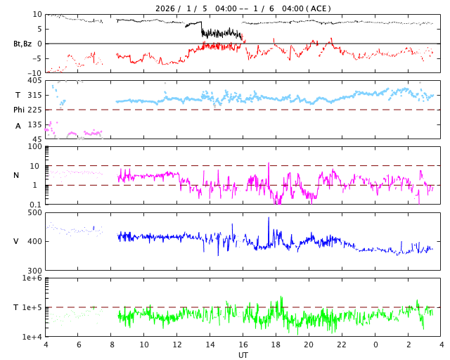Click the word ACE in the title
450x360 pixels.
point(319,8)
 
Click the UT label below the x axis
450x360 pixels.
point(243,355)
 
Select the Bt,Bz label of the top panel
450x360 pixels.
point(22,44)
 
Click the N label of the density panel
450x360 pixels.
point(16,175)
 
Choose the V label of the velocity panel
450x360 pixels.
point(16,241)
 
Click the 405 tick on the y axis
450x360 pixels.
point(34,81)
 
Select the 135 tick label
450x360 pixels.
point(34,124)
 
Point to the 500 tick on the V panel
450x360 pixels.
point(34,212)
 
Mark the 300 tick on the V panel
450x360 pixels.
point(34,271)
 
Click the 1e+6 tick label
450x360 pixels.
point(32,278)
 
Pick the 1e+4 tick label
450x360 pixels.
point(32,337)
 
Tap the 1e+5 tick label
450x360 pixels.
point(32,307)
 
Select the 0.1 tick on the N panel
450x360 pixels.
point(36,205)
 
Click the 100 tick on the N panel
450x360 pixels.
point(35,146)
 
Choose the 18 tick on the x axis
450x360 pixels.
point(276,345)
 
